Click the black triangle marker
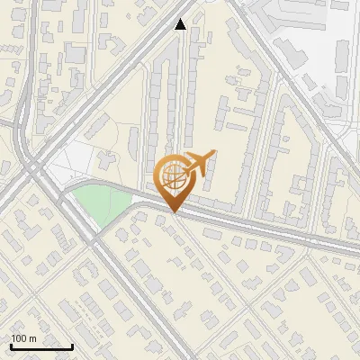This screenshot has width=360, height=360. coord(181,24)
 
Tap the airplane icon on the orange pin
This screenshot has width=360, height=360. coord(199,163)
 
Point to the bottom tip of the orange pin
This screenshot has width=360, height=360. coord(173,212)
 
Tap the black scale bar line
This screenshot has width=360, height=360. coord(41,346)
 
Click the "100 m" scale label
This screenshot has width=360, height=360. coord(23,338)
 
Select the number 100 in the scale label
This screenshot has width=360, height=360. coord(19,338)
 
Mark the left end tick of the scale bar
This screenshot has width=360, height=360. coord(11,345)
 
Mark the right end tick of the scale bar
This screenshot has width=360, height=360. coord(72,345)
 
